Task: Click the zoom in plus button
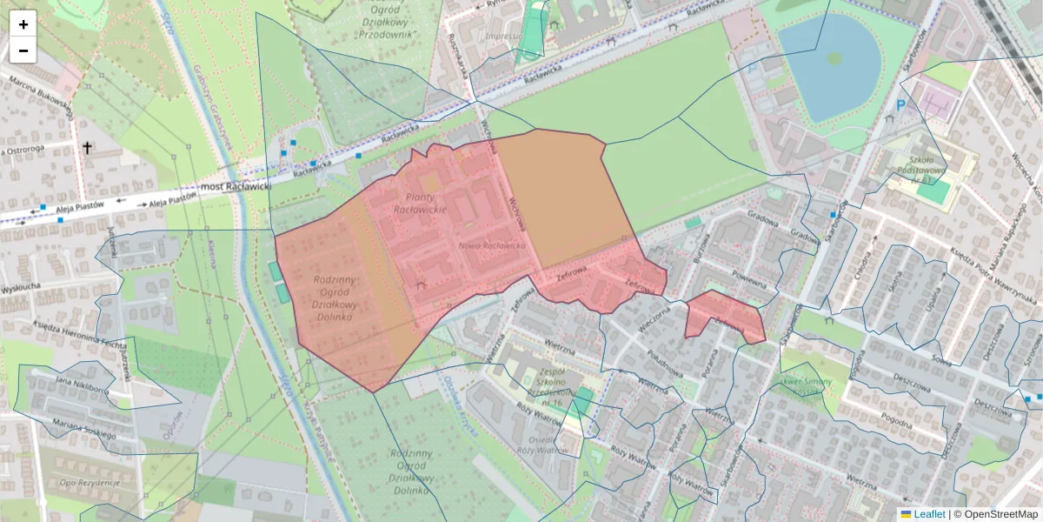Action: click(23, 24)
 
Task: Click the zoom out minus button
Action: click(23, 50)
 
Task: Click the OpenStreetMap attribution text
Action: click(1000, 514)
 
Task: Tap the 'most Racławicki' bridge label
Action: click(236, 186)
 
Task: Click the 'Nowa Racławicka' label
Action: click(492, 245)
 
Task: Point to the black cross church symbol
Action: click(87, 148)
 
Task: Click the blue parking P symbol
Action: click(901, 104)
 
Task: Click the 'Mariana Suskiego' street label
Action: click(84, 429)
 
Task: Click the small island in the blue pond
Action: click(834, 58)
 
